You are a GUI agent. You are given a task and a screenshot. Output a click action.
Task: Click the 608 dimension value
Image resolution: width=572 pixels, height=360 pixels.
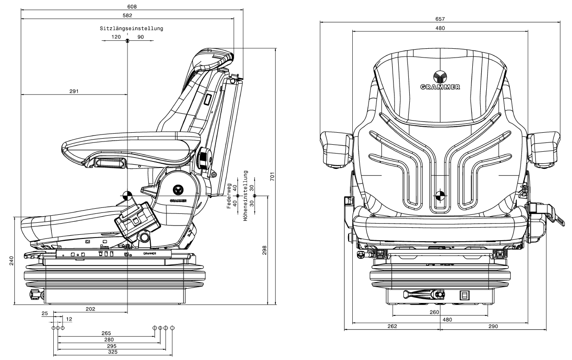[x=132, y=6]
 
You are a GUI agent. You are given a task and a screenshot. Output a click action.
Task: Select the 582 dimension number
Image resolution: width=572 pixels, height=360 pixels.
[x=127, y=15]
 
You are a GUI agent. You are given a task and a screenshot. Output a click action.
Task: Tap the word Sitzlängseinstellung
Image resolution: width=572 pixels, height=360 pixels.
[x=131, y=28]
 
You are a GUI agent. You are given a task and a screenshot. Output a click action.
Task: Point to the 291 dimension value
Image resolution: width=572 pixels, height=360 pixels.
[x=74, y=91]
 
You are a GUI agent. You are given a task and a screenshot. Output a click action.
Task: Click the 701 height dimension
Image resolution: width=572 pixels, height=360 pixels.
[x=272, y=177]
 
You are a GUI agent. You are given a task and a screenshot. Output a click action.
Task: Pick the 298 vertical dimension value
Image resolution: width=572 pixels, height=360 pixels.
[x=264, y=250]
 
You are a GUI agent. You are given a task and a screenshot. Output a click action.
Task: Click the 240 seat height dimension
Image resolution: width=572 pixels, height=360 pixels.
[x=12, y=261]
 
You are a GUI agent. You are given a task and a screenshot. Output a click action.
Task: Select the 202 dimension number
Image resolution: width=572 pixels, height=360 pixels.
[x=90, y=309]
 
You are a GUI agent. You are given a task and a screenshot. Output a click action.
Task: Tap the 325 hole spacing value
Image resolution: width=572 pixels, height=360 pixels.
[x=113, y=352]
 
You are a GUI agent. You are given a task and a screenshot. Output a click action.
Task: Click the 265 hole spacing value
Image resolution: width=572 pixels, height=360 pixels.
[x=106, y=333]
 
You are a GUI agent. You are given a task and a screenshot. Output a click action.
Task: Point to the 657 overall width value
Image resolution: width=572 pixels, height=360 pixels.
[x=440, y=19]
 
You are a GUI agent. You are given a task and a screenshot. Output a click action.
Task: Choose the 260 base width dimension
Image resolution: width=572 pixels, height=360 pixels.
[x=434, y=312]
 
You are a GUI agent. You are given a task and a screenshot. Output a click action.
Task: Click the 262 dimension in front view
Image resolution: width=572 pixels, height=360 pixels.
[x=392, y=326]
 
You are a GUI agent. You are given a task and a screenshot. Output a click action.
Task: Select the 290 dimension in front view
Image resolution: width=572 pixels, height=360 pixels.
[x=493, y=326]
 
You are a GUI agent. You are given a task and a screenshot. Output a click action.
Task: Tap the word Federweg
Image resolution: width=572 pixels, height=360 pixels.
[x=229, y=196]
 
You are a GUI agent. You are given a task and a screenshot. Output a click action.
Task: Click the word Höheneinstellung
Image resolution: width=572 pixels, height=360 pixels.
[x=245, y=196]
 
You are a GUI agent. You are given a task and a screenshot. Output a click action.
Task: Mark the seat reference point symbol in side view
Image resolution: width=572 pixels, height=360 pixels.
[x=127, y=196]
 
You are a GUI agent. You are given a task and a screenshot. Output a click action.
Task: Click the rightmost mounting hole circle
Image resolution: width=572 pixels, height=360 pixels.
[x=172, y=328]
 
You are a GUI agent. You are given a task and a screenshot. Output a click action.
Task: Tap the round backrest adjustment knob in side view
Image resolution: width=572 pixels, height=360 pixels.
[x=204, y=158]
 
